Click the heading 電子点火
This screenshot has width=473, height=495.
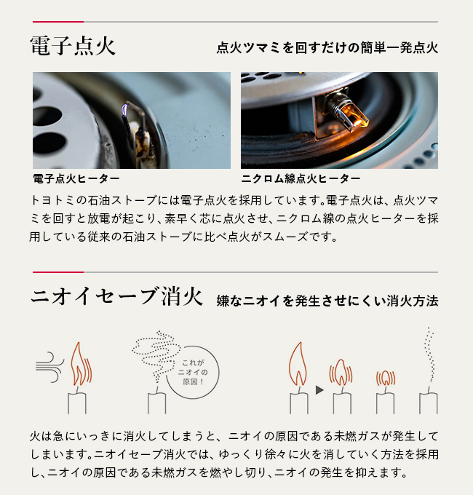(x=73, y=47)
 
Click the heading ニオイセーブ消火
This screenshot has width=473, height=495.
(x=116, y=298)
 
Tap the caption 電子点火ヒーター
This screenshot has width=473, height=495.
(x=76, y=178)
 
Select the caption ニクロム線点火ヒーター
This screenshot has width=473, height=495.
(x=300, y=178)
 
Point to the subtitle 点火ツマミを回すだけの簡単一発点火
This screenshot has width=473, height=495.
(x=327, y=49)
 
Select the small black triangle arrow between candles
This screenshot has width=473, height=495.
(x=319, y=390)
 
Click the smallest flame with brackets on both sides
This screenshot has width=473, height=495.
(x=384, y=378)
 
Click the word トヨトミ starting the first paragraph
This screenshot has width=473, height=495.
(x=52, y=199)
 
